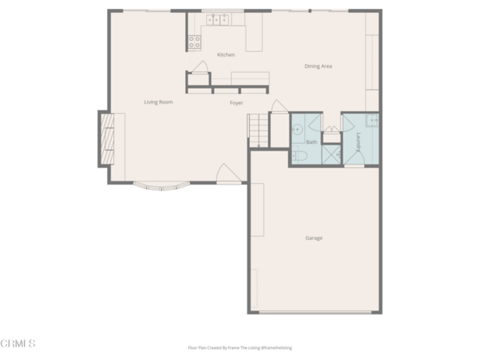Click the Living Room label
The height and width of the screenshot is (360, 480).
pyautogui.click(x=158, y=102)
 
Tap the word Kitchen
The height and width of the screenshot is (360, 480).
pyautogui.click(x=226, y=55)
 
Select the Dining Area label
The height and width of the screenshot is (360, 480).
pyautogui.click(x=318, y=66)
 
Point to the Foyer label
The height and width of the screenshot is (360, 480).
pyautogui.click(x=236, y=104)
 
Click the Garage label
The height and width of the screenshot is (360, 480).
pyautogui.click(x=314, y=238)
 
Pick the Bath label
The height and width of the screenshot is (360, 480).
pyautogui.click(x=312, y=142)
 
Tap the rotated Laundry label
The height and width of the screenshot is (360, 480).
pyautogui.click(x=359, y=142)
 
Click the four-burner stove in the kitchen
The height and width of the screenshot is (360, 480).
pyautogui.click(x=195, y=42)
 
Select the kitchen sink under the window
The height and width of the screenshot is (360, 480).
pyautogui.click(x=217, y=20)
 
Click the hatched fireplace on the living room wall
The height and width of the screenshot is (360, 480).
pyautogui.click(x=107, y=139)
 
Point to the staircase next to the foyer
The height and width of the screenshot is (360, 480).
pyautogui.click(x=259, y=130)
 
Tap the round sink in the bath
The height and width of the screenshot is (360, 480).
pyautogui.click(x=297, y=130)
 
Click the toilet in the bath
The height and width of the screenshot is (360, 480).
pyautogui.click(x=299, y=156)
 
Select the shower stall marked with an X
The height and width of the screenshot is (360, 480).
pyautogui.click(x=332, y=154)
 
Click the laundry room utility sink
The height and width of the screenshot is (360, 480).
pyautogui.click(x=372, y=120)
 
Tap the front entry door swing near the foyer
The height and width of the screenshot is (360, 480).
pyautogui.click(x=229, y=173)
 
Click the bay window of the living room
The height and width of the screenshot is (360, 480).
pyautogui.click(x=162, y=186)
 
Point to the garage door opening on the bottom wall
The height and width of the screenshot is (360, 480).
pyautogui.click(x=316, y=312)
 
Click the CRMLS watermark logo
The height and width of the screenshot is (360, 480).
pyautogui.click(x=18, y=343)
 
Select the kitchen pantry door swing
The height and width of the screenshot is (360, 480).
pyautogui.click(x=200, y=66)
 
